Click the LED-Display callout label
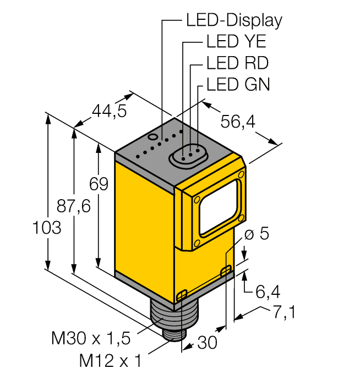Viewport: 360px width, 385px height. (x=234, y=20)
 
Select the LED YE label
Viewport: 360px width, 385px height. (x=236, y=42)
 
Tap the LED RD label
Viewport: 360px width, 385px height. (x=237, y=63)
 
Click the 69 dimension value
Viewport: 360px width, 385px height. (x=99, y=185)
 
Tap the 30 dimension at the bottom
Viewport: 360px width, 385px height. (x=207, y=343)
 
